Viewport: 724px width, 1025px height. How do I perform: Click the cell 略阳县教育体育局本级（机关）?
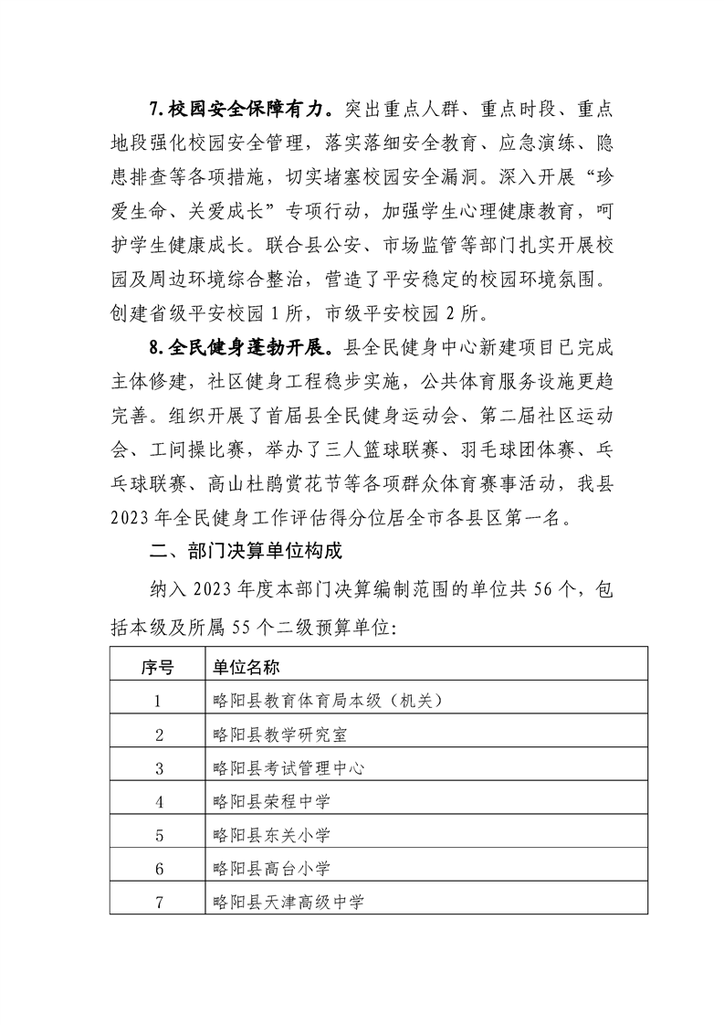326,702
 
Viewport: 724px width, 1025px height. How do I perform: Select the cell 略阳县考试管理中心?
287,769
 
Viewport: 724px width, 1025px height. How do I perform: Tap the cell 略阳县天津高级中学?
287,903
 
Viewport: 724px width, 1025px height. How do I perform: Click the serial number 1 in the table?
159,702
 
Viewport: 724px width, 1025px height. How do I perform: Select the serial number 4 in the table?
159,803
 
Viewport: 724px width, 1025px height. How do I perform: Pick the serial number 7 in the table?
159,903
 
